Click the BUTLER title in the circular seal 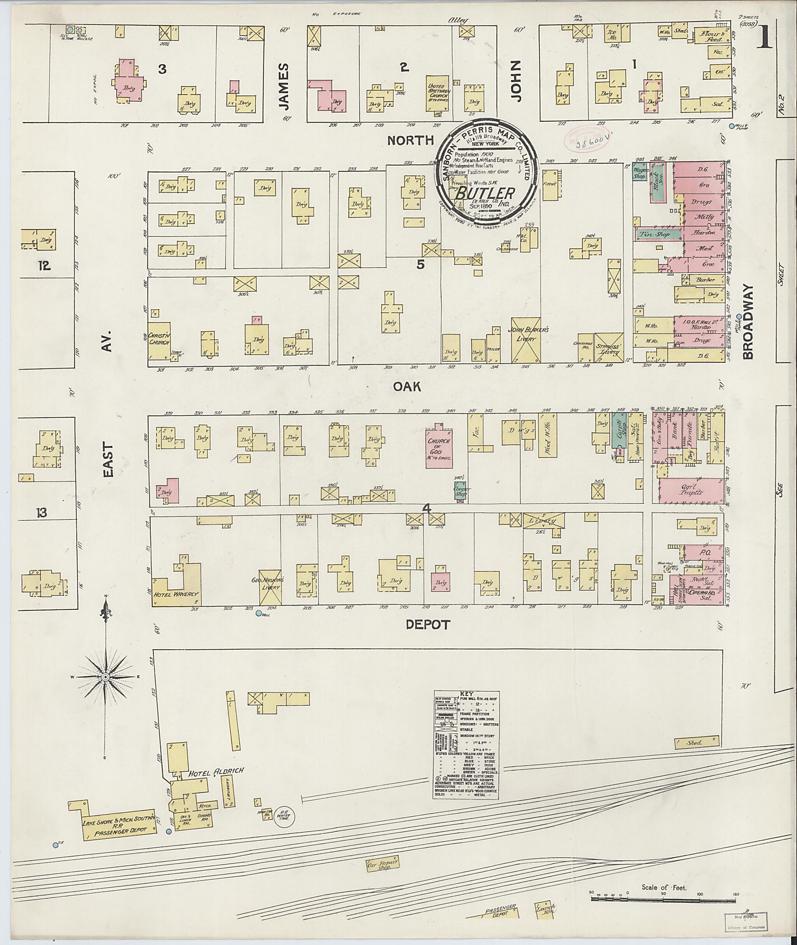(485, 193)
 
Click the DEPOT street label (428, 625)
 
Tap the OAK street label (407, 386)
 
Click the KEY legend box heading (465, 693)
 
